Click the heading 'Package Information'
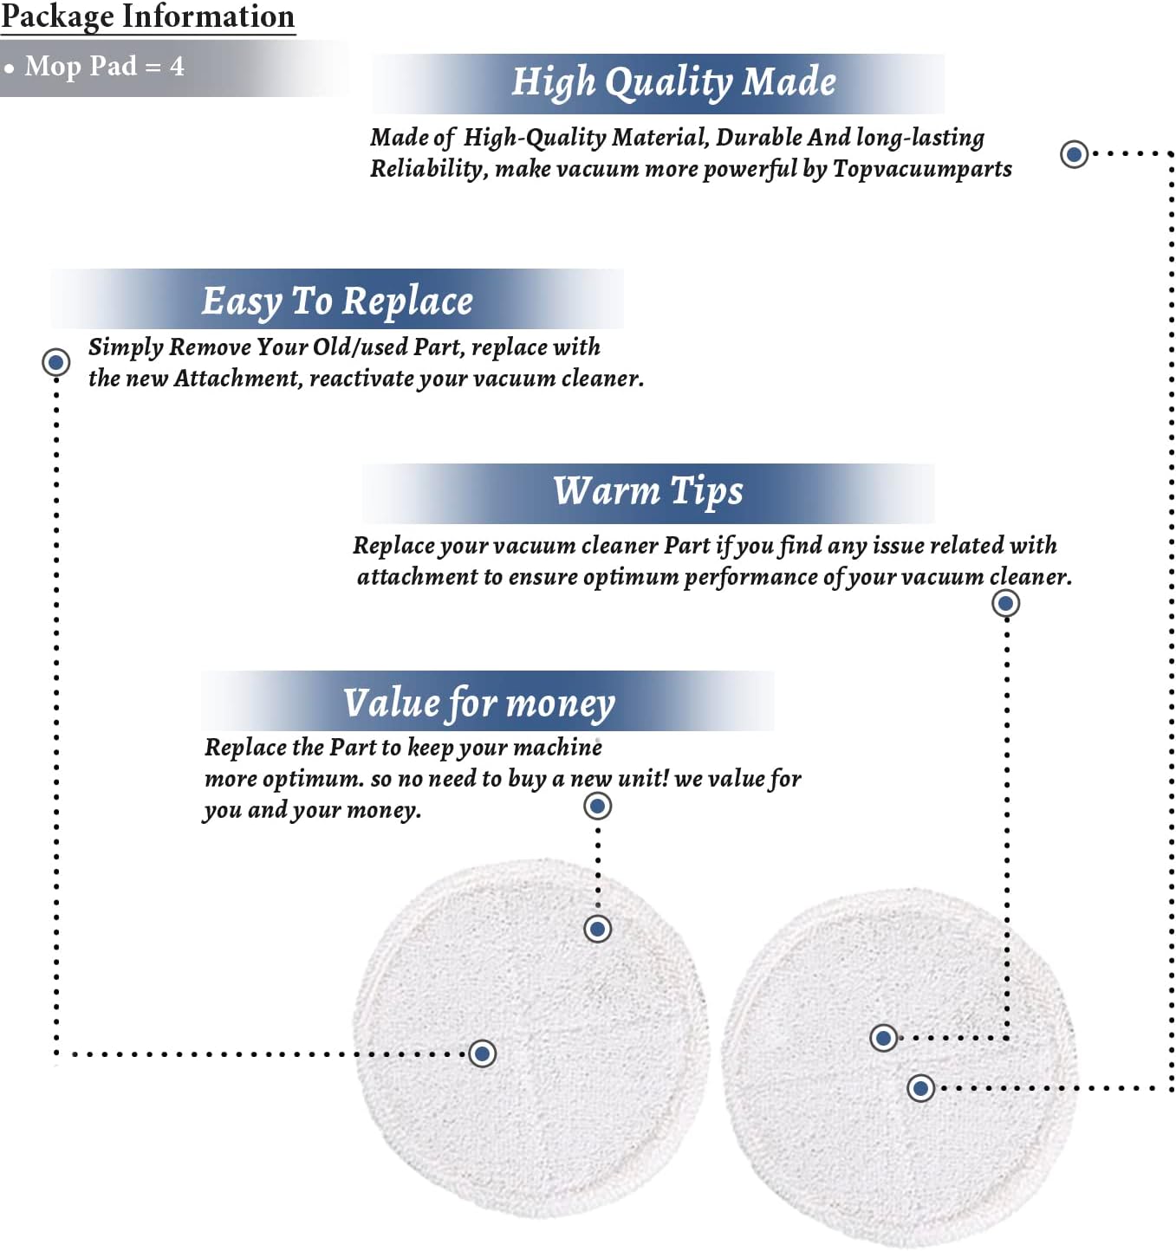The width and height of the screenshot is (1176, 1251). [147, 16]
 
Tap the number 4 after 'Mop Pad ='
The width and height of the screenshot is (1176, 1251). [177, 66]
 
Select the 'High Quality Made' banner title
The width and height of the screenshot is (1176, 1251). [673, 82]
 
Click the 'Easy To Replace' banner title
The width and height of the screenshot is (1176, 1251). [337, 301]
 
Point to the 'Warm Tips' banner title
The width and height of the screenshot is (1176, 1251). [648, 491]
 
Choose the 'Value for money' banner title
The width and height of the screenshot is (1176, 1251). [479, 703]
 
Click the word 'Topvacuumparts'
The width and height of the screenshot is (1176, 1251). [922, 169]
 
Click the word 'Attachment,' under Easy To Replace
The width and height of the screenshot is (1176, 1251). [239, 379]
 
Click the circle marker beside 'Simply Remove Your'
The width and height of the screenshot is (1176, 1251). [56, 362]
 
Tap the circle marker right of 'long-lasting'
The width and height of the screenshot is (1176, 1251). [1075, 153]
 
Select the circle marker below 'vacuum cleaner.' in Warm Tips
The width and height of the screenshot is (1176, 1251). [1006, 604]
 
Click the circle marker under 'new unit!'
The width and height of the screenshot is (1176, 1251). [597, 807]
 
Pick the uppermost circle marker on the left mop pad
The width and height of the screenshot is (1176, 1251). [597, 929]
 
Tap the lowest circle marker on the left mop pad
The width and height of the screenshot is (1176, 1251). [482, 1053]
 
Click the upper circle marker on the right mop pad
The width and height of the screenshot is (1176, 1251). [884, 1038]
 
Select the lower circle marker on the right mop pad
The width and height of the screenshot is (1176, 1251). [920, 1088]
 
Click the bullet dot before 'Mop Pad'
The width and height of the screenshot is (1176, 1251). [9, 68]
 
